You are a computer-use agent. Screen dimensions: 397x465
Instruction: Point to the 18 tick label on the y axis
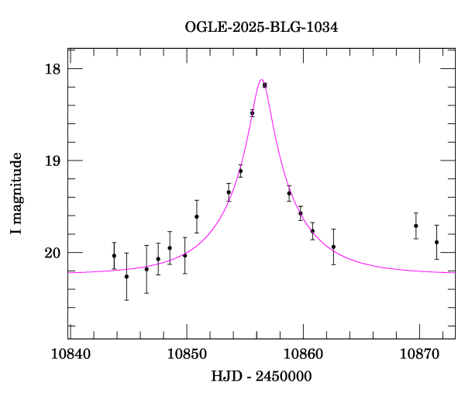pyautogui.click(x=52, y=69)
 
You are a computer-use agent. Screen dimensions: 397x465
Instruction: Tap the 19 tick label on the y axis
pyautogui.click(x=52, y=161)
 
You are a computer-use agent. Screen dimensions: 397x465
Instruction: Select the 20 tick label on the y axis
pyautogui.click(x=52, y=253)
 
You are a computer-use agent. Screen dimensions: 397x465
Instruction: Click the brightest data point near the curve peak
pyautogui.click(x=264, y=85)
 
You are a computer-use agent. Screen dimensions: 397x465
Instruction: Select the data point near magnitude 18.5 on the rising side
pyautogui.click(x=252, y=113)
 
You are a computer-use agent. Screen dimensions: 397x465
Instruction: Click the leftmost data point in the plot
pyautogui.click(x=114, y=256)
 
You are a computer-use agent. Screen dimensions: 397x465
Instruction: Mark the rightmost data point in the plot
pyautogui.click(x=436, y=242)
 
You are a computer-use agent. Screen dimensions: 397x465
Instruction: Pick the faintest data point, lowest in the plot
pyautogui.click(x=126, y=276)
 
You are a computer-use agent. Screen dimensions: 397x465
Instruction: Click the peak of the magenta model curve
pyautogui.click(x=261, y=79)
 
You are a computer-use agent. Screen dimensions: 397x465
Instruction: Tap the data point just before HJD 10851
pyautogui.click(x=197, y=216)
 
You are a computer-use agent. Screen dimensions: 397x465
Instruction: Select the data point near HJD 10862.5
pyautogui.click(x=333, y=247)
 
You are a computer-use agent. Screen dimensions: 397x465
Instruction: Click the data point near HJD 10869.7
pyautogui.click(x=416, y=226)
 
